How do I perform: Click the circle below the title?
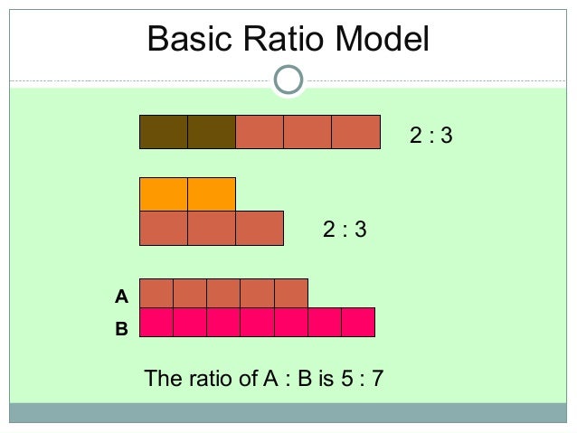(x=288, y=80)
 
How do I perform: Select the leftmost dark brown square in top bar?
(x=164, y=132)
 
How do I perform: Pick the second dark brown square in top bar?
(x=212, y=132)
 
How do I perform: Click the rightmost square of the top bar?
(x=355, y=132)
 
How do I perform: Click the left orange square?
(x=164, y=194)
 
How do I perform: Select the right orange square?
(x=212, y=194)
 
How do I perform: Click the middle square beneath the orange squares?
(x=212, y=228)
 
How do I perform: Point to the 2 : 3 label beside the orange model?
(x=345, y=230)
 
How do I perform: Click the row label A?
(x=121, y=296)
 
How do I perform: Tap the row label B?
(x=121, y=330)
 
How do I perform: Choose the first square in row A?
(x=156, y=294)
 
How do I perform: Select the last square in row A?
(x=291, y=294)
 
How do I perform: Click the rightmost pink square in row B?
(x=358, y=323)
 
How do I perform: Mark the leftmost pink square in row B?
(x=156, y=323)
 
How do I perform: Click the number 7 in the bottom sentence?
(x=377, y=378)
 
